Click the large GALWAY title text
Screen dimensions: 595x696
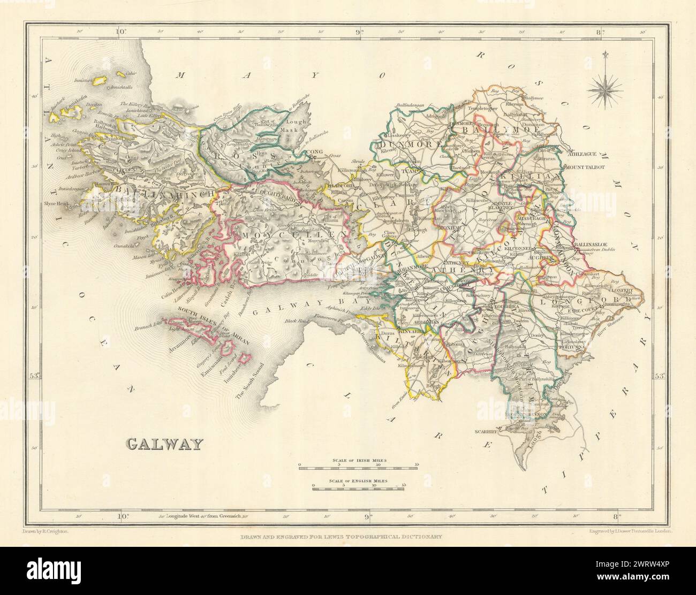pyautogui.click(x=165, y=444)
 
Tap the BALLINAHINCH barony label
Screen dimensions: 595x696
pyautogui.click(x=161, y=192)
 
